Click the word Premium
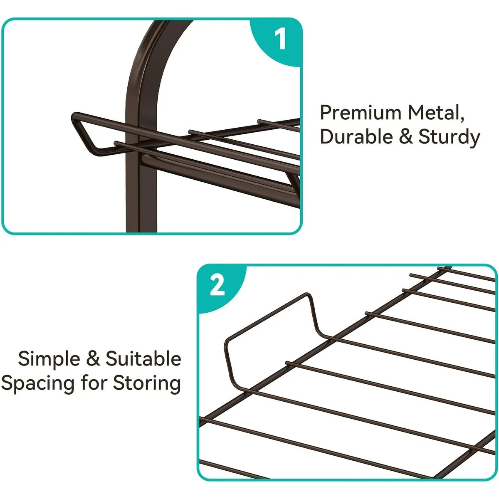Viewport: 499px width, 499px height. (x=361, y=113)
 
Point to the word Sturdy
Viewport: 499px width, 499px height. (x=449, y=137)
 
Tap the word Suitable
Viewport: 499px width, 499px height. (x=143, y=358)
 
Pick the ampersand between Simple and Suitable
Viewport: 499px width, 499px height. (x=93, y=358)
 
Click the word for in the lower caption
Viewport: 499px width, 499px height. (x=94, y=383)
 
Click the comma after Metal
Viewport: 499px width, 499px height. (x=462, y=120)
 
